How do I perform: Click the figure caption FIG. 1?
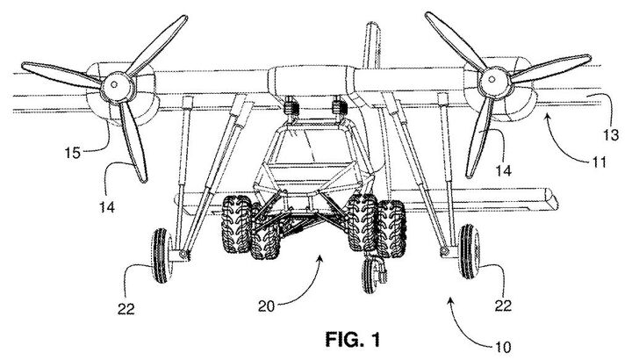pos(352,340)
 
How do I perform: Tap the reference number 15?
pos(73,153)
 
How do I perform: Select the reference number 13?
pos(611,134)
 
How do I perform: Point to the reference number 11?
pos(599,162)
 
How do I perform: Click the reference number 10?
pos(503,347)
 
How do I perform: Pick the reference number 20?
pos(267,306)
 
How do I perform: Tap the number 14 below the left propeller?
pos(107,207)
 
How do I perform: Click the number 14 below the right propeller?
pos(504,170)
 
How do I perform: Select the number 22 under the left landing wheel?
pos(126,309)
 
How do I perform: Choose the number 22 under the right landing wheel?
pos(503,306)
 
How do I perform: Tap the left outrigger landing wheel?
pos(162,256)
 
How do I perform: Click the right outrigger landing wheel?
pos(469,251)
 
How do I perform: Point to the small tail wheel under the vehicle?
pos(370,276)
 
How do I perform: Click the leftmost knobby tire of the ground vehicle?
pos(236,224)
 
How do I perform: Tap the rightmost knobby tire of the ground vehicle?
pos(391,228)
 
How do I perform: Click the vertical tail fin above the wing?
pos(371,46)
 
